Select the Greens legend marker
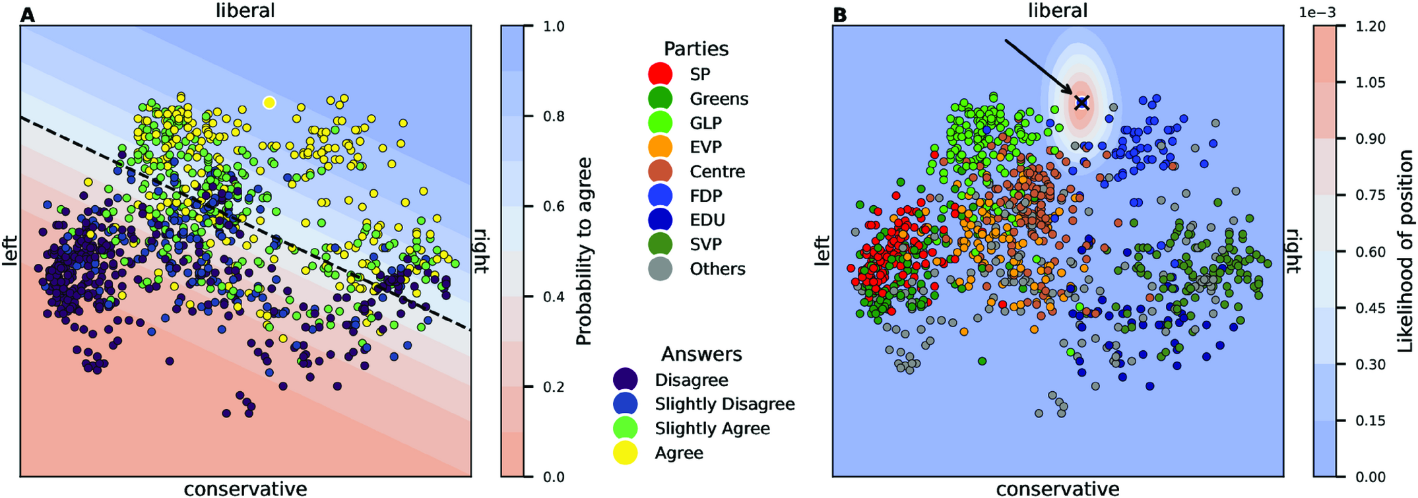click(x=661, y=98)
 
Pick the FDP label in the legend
click(x=705, y=195)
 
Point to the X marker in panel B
click(x=1081, y=102)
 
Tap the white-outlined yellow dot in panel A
click(x=269, y=102)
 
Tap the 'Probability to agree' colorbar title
click(x=583, y=251)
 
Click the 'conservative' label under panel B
click(x=1057, y=489)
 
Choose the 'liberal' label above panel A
click(x=245, y=11)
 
